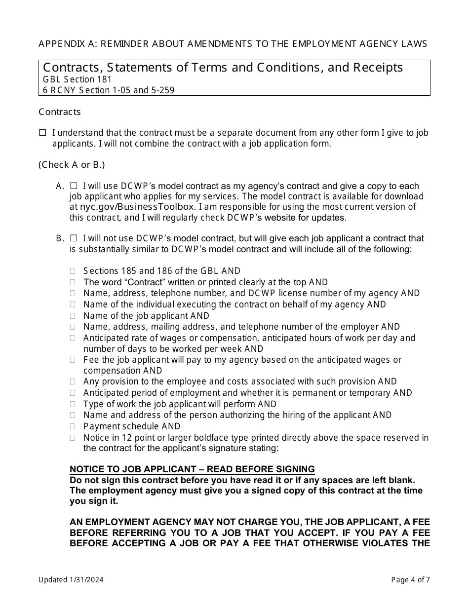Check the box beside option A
(74, 186)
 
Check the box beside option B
(74, 238)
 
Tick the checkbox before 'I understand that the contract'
(42, 132)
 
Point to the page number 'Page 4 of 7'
(410, 580)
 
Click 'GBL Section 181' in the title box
(78, 79)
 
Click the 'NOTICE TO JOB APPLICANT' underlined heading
(192, 469)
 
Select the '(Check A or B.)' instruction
(72, 165)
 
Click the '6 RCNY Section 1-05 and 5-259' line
(109, 90)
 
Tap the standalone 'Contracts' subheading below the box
(60, 112)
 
